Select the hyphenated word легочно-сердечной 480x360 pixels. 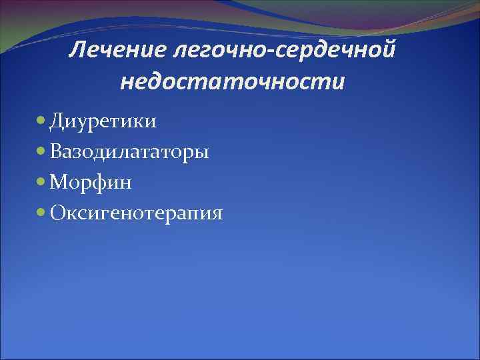click(282, 49)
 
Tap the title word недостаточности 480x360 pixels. click(233, 82)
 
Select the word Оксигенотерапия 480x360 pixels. click(135, 214)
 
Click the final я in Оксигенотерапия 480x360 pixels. click(216, 215)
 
